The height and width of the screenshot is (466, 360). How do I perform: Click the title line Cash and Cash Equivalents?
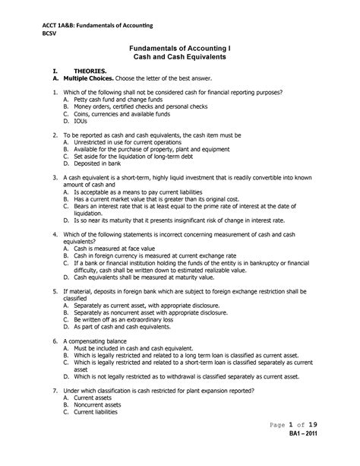coord(179,57)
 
